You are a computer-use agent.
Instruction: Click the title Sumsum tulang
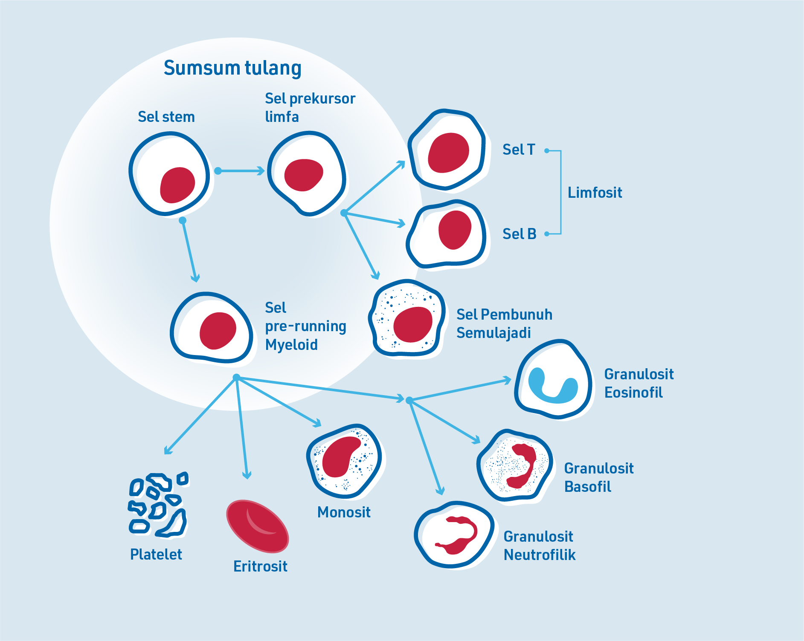pos(232,68)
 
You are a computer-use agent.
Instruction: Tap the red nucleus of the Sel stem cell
pos(177,185)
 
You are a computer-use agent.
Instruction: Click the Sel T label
pos(518,150)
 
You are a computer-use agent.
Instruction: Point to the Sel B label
pos(519,234)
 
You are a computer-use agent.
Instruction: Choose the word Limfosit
pos(595,193)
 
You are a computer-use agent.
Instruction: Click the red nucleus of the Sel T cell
pos(448,153)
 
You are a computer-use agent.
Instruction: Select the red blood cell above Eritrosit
pos(257,526)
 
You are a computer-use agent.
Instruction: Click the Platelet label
pos(156,554)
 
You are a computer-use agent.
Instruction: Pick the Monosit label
pos(344,512)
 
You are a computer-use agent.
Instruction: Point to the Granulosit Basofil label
pos(598,477)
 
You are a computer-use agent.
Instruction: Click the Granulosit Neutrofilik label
pos(539,546)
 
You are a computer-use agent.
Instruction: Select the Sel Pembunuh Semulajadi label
pos(504,323)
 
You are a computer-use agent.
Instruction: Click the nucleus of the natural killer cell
pos(412,324)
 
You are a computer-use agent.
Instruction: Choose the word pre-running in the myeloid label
pos(305,326)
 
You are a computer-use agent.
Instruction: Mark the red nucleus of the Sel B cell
pos(455,230)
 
